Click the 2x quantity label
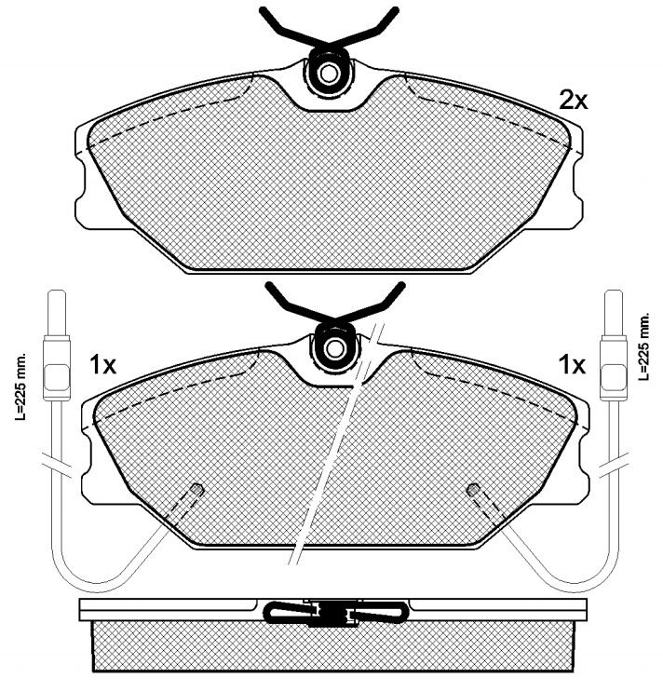[573, 101]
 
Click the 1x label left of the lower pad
[102, 364]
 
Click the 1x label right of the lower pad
[571, 364]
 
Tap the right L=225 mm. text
[643, 346]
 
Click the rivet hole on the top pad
[329, 74]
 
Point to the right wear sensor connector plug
[614, 359]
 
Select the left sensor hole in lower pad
[196, 489]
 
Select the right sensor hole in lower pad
[473, 489]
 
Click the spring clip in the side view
[334, 612]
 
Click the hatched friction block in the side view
[334, 647]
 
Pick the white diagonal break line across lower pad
[335, 447]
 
